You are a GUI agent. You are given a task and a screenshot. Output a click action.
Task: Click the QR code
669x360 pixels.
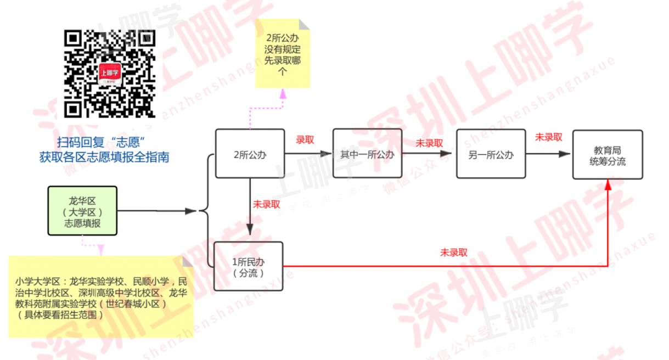[x=109, y=74]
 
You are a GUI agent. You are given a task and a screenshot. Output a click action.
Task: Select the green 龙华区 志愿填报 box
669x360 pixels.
[x=82, y=211]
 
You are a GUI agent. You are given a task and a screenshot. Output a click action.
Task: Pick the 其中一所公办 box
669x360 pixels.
[x=367, y=154]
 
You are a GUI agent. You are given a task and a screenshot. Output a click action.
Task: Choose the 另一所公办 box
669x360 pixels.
[x=491, y=154]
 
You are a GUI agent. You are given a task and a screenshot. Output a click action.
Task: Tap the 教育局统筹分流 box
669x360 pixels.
[x=607, y=155]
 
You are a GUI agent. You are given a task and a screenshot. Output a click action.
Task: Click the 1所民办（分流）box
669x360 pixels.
[x=248, y=266]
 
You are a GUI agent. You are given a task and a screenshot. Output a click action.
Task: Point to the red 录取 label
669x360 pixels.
[x=305, y=140]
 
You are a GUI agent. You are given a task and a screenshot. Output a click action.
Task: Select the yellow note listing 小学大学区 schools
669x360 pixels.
[x=101, y=297]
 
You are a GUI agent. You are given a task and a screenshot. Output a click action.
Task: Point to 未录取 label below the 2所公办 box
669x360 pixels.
[x=266, y=204]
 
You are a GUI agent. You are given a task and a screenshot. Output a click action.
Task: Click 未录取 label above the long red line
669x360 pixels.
[x=453, y=252]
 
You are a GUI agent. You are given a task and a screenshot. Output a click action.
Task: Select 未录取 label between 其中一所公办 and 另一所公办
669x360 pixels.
[x=429, y=143]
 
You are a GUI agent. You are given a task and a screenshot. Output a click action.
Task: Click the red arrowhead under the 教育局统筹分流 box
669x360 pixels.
[x=608, y=185]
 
